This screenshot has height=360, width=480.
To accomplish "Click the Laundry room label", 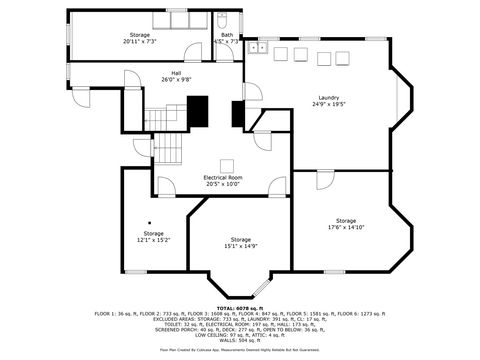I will click(x=329, y=99).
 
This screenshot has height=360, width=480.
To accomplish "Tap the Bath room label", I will click(x=228, y=39).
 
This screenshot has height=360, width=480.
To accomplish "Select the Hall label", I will click(x=176, y=75).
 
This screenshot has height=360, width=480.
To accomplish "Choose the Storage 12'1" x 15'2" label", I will click(x=153, y=237).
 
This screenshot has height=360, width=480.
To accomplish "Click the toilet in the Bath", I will click(x=224, y=20).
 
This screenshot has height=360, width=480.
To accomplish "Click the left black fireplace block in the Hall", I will click(x=200, y=109).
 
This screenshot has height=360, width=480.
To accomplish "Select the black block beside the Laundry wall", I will click(x=238, y=114).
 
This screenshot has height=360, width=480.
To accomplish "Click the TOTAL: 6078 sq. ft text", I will click(x=240, y=308).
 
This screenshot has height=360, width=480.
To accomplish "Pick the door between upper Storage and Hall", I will click(x=192, y=54).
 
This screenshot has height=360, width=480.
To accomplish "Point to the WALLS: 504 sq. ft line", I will click(x=240, y=340).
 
